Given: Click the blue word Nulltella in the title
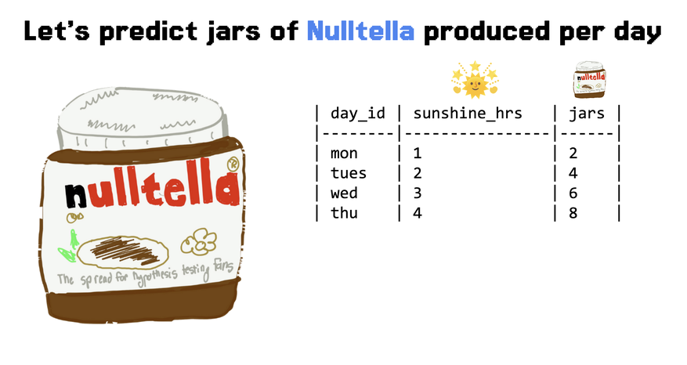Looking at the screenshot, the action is pos(360,31).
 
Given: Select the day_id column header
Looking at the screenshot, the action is pos(358,114).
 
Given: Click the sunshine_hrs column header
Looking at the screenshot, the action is pos(468,114).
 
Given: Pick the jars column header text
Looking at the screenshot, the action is pos(587,114).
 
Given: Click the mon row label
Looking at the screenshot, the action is pos(344,154).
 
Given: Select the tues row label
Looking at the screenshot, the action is pos(349,173).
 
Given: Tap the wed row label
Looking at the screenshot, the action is pos(344,193).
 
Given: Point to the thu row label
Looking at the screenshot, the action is pos(344,212).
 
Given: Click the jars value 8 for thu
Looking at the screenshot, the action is pos(573,213).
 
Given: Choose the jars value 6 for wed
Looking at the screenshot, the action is pos(573,193).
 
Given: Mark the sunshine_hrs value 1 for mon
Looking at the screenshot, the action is pos(417,153).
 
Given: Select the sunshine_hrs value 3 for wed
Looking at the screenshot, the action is pos(417,193).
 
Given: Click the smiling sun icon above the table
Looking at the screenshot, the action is pos(475,80).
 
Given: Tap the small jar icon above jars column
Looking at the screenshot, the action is pos(590,79).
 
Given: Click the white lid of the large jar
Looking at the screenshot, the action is pos(143,116).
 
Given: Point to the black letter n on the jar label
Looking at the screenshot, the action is pos(76,196).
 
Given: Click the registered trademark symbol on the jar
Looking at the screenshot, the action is pos(233,164).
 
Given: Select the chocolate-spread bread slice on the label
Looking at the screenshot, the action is pos(123,252).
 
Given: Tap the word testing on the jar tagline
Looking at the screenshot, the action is pos(196,270).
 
